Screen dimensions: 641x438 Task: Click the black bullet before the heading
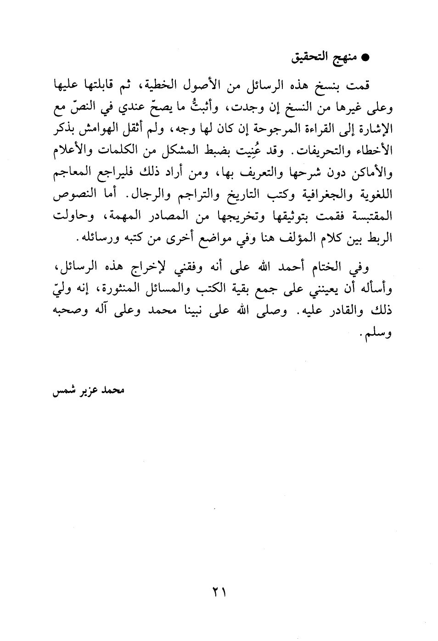click(x=366, y=59)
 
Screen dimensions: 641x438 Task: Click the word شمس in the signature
click(x=63, y=392)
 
